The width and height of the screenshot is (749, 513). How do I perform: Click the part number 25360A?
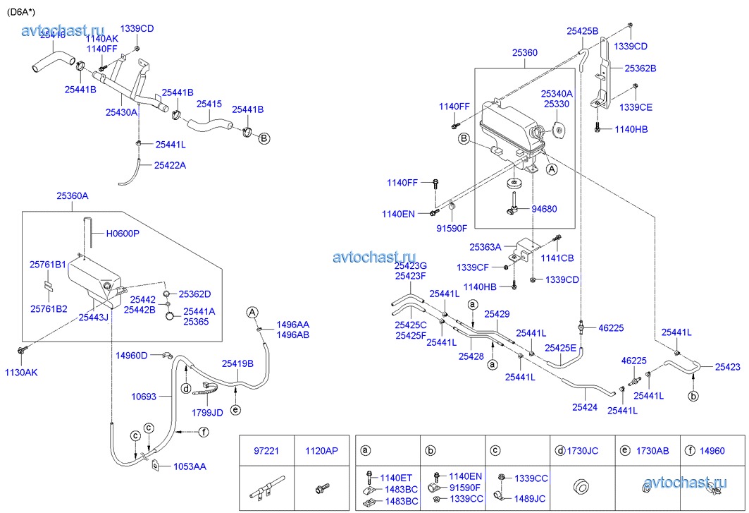point(73,196)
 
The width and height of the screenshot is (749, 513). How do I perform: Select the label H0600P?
point(123,234)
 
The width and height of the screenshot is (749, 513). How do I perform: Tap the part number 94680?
point(544,209)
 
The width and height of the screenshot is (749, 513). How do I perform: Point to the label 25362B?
point(640,68)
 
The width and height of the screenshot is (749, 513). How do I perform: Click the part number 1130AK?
point(21,373)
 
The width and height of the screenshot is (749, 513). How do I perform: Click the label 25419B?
point(237,364)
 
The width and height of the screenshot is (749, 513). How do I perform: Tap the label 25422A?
point(171,165)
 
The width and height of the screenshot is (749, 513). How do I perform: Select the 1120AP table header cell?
point(321,450)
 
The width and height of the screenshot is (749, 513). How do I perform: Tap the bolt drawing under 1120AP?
point(321,488)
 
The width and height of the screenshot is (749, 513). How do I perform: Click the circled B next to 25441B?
point(264,138)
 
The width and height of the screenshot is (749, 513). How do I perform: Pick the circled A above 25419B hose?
point(252,312)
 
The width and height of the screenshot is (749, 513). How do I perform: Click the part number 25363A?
point(485,248)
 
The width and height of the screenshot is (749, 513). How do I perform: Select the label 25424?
point(585,407)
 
